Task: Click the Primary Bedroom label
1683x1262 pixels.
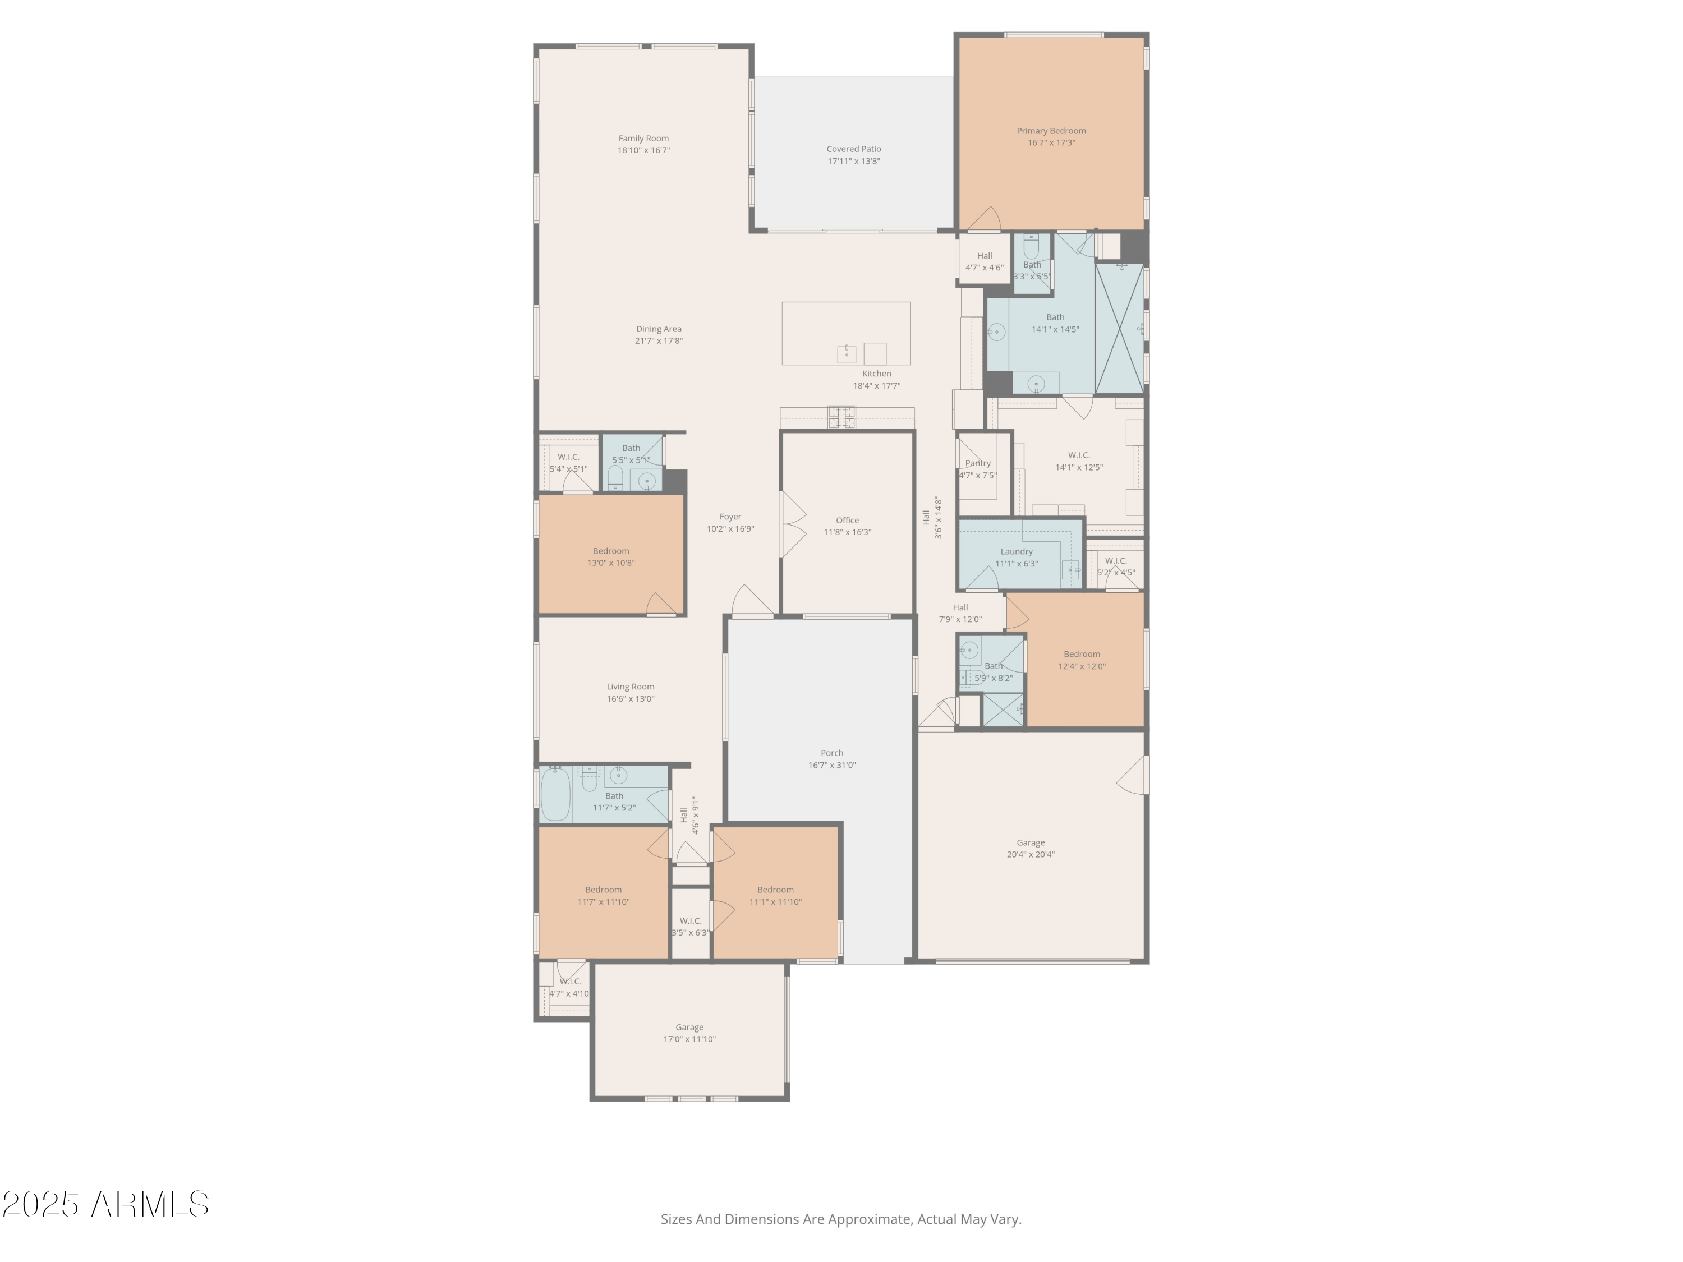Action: click(1051, 131)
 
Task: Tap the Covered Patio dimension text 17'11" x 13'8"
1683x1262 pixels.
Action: click(854, 162)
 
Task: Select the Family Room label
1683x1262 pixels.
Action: click(643, 139)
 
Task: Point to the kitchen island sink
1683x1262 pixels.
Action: click(846, 354)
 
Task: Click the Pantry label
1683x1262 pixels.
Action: click(978, 463)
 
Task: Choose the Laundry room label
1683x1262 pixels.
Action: click(1017, 551)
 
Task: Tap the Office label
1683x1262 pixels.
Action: click(847, 521)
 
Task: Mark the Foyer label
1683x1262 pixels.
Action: click(730, 517)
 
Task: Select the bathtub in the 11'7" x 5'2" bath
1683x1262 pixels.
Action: click(555, 794)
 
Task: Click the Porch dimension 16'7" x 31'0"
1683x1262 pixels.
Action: click(831, 765)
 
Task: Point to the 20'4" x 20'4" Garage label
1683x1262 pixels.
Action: click(1030, 843)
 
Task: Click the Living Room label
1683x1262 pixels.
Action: click(630, 687)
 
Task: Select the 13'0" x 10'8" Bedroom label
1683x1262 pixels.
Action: click(611, 551)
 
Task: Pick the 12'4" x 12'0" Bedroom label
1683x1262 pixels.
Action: click(1081, 654)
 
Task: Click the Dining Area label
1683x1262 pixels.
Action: click(658, 329)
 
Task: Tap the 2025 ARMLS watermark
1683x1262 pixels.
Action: click(106, 1205)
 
